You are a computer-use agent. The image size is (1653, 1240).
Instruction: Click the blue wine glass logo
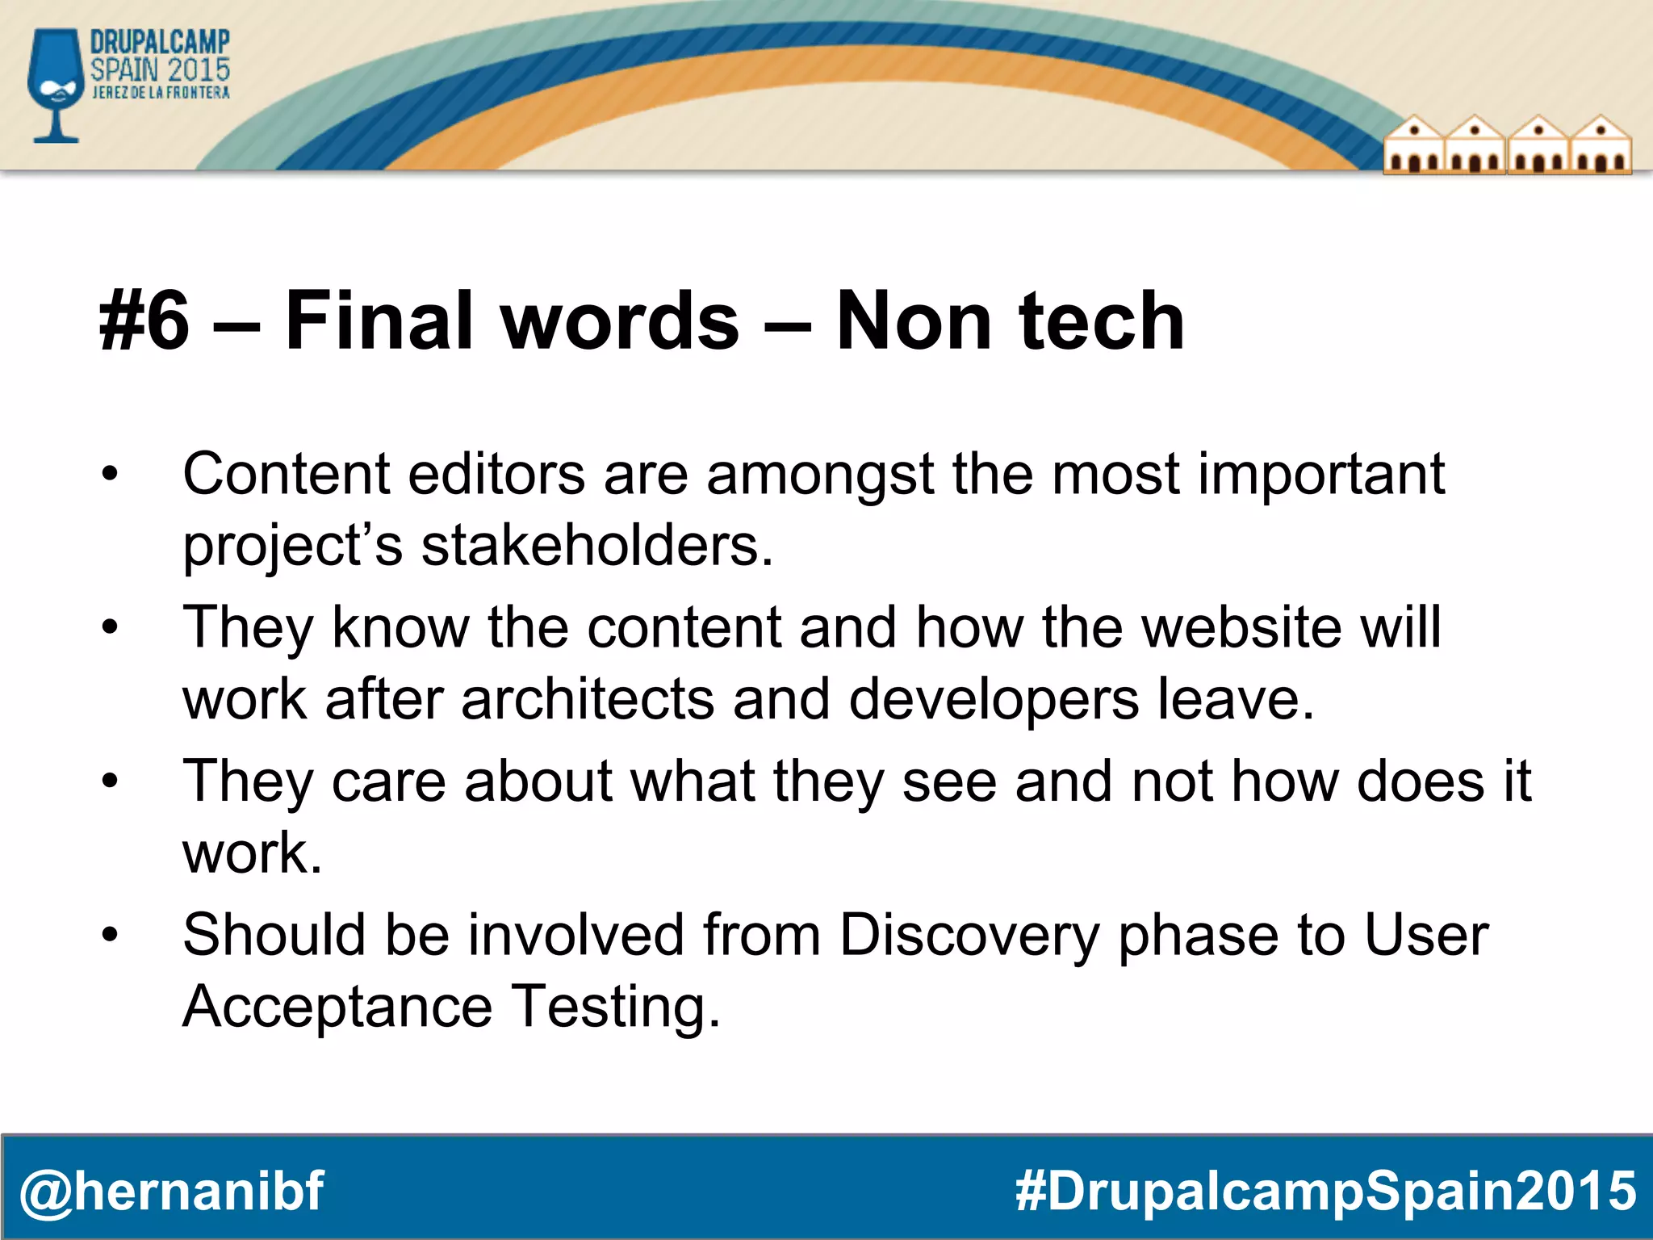[x=55, y=85]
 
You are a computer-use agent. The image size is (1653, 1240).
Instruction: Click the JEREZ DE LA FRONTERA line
[x=161, y=93]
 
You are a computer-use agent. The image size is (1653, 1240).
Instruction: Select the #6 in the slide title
[x=145, y=321]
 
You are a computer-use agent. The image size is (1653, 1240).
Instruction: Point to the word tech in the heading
[x=1101, y=321]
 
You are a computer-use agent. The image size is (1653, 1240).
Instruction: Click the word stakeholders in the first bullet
[x=597, y=547]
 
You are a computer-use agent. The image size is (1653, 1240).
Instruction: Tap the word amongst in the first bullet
[x=820, y=474]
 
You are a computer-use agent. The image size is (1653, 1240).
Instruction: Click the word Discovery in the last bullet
[x=969, y=936]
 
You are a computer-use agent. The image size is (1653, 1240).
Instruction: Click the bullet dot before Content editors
[x=111, y=475]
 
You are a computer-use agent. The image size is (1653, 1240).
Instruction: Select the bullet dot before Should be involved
[x=111, y=936]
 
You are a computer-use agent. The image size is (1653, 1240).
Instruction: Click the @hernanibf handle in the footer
[x=171, y=1191]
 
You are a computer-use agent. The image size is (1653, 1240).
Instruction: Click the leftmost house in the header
[x=1414, y=145]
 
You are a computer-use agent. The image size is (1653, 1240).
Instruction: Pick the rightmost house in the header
[x=1601, y=145]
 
